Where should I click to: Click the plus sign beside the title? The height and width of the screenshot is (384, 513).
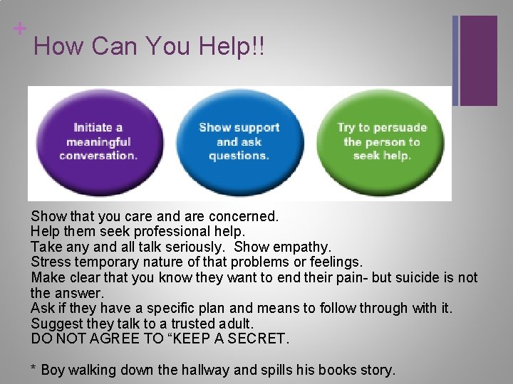click(x=20, y=28)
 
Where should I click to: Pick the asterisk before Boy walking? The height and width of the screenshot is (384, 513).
click(x=33, y=368)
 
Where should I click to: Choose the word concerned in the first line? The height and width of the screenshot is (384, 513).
click(x=241, y=215)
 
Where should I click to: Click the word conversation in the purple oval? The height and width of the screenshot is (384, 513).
click(x=98, y=155)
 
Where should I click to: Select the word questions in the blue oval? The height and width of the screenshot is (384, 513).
click(x=239, y=156)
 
